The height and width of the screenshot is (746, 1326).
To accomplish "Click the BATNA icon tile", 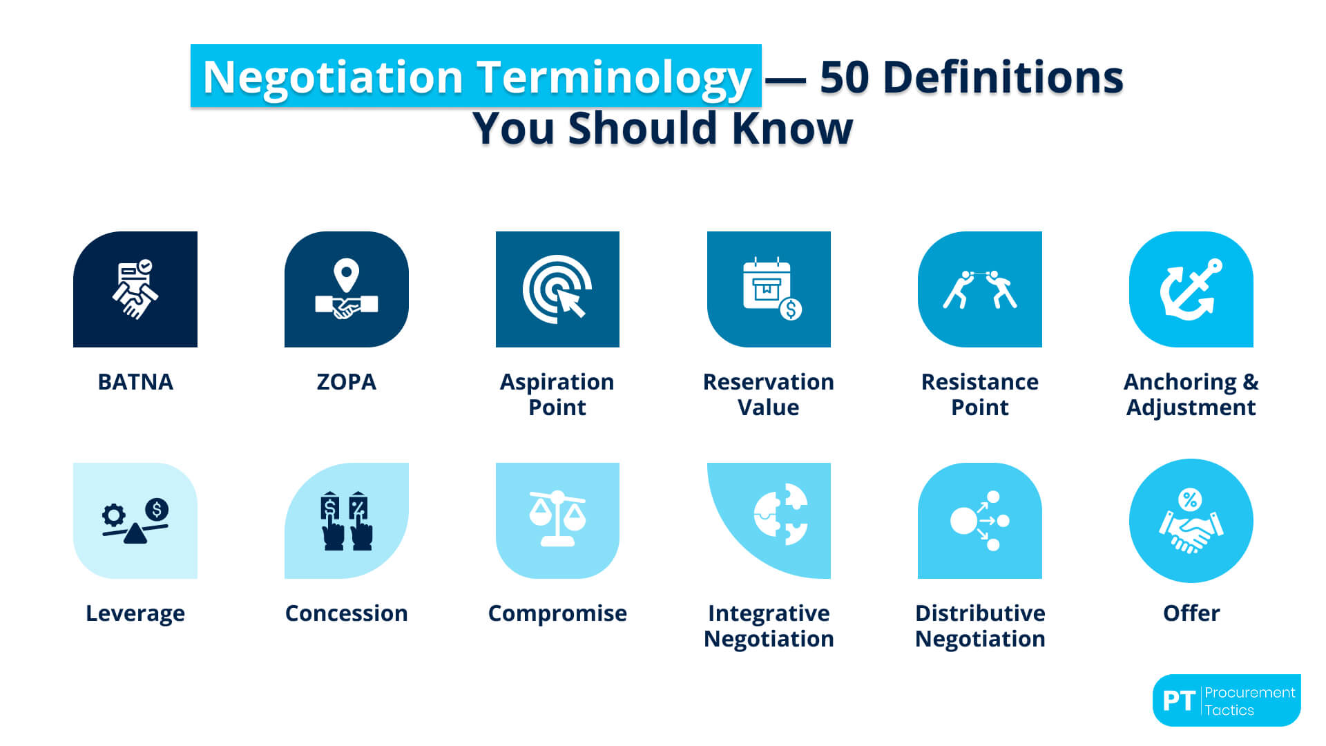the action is [x=135, y=289].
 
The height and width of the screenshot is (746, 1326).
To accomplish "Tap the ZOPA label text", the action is [x=346, y=382].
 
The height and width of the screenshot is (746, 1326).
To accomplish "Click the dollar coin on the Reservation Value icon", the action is [x=791, y=309].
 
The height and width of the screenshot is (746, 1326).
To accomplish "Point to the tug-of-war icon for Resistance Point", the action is [x=980, y=289].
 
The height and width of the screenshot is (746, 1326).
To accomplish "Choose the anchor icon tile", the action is [x=1191, y=289].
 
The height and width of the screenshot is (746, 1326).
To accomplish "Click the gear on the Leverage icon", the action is [x=114, y=515].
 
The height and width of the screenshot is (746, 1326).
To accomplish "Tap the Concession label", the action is [x=347, y=613].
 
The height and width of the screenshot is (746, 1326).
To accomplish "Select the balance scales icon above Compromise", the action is [x=557, y=519].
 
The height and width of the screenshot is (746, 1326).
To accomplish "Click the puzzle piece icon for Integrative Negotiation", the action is [x=781, y=515].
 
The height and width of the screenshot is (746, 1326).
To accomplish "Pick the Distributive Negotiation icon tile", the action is [x=980, y=521].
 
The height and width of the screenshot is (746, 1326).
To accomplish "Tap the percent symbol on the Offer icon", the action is [x=1190, y=499].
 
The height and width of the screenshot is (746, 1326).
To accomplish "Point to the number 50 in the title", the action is [x=844, y=77].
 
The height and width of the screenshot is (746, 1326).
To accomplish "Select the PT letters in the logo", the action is [x=1178, y=701].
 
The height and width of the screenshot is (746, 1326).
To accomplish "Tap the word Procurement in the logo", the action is [x=1250, y=693].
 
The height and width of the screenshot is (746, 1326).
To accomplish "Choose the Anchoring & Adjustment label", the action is [x=1191, y=394].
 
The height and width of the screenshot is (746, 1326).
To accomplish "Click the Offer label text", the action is [x=1191, y=613].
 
